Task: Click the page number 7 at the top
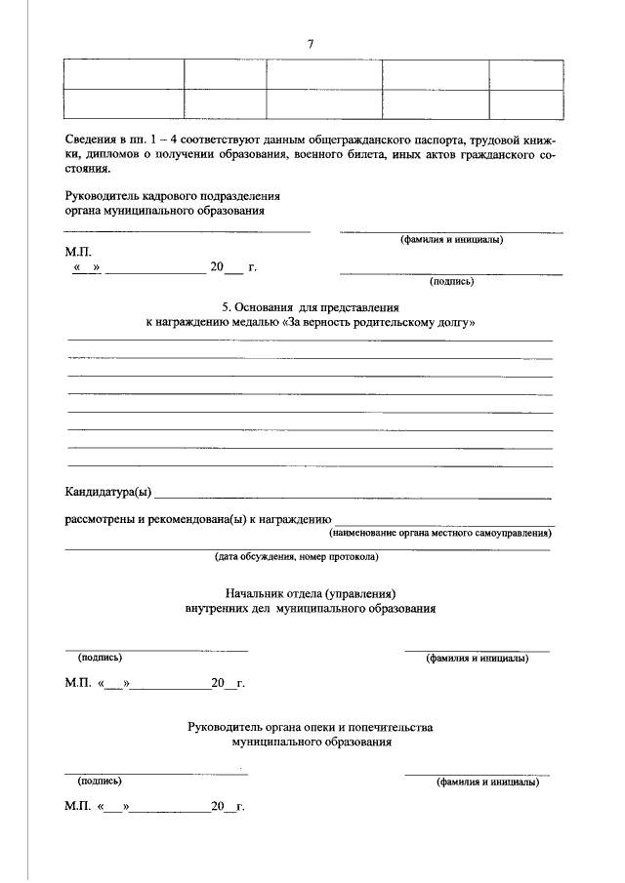tap(311, 43)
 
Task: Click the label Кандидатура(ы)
tap(108, 489)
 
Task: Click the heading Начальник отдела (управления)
tap(311, 593)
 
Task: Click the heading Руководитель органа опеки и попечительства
tap(311, 727)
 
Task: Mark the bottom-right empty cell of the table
tap(526, 105)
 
